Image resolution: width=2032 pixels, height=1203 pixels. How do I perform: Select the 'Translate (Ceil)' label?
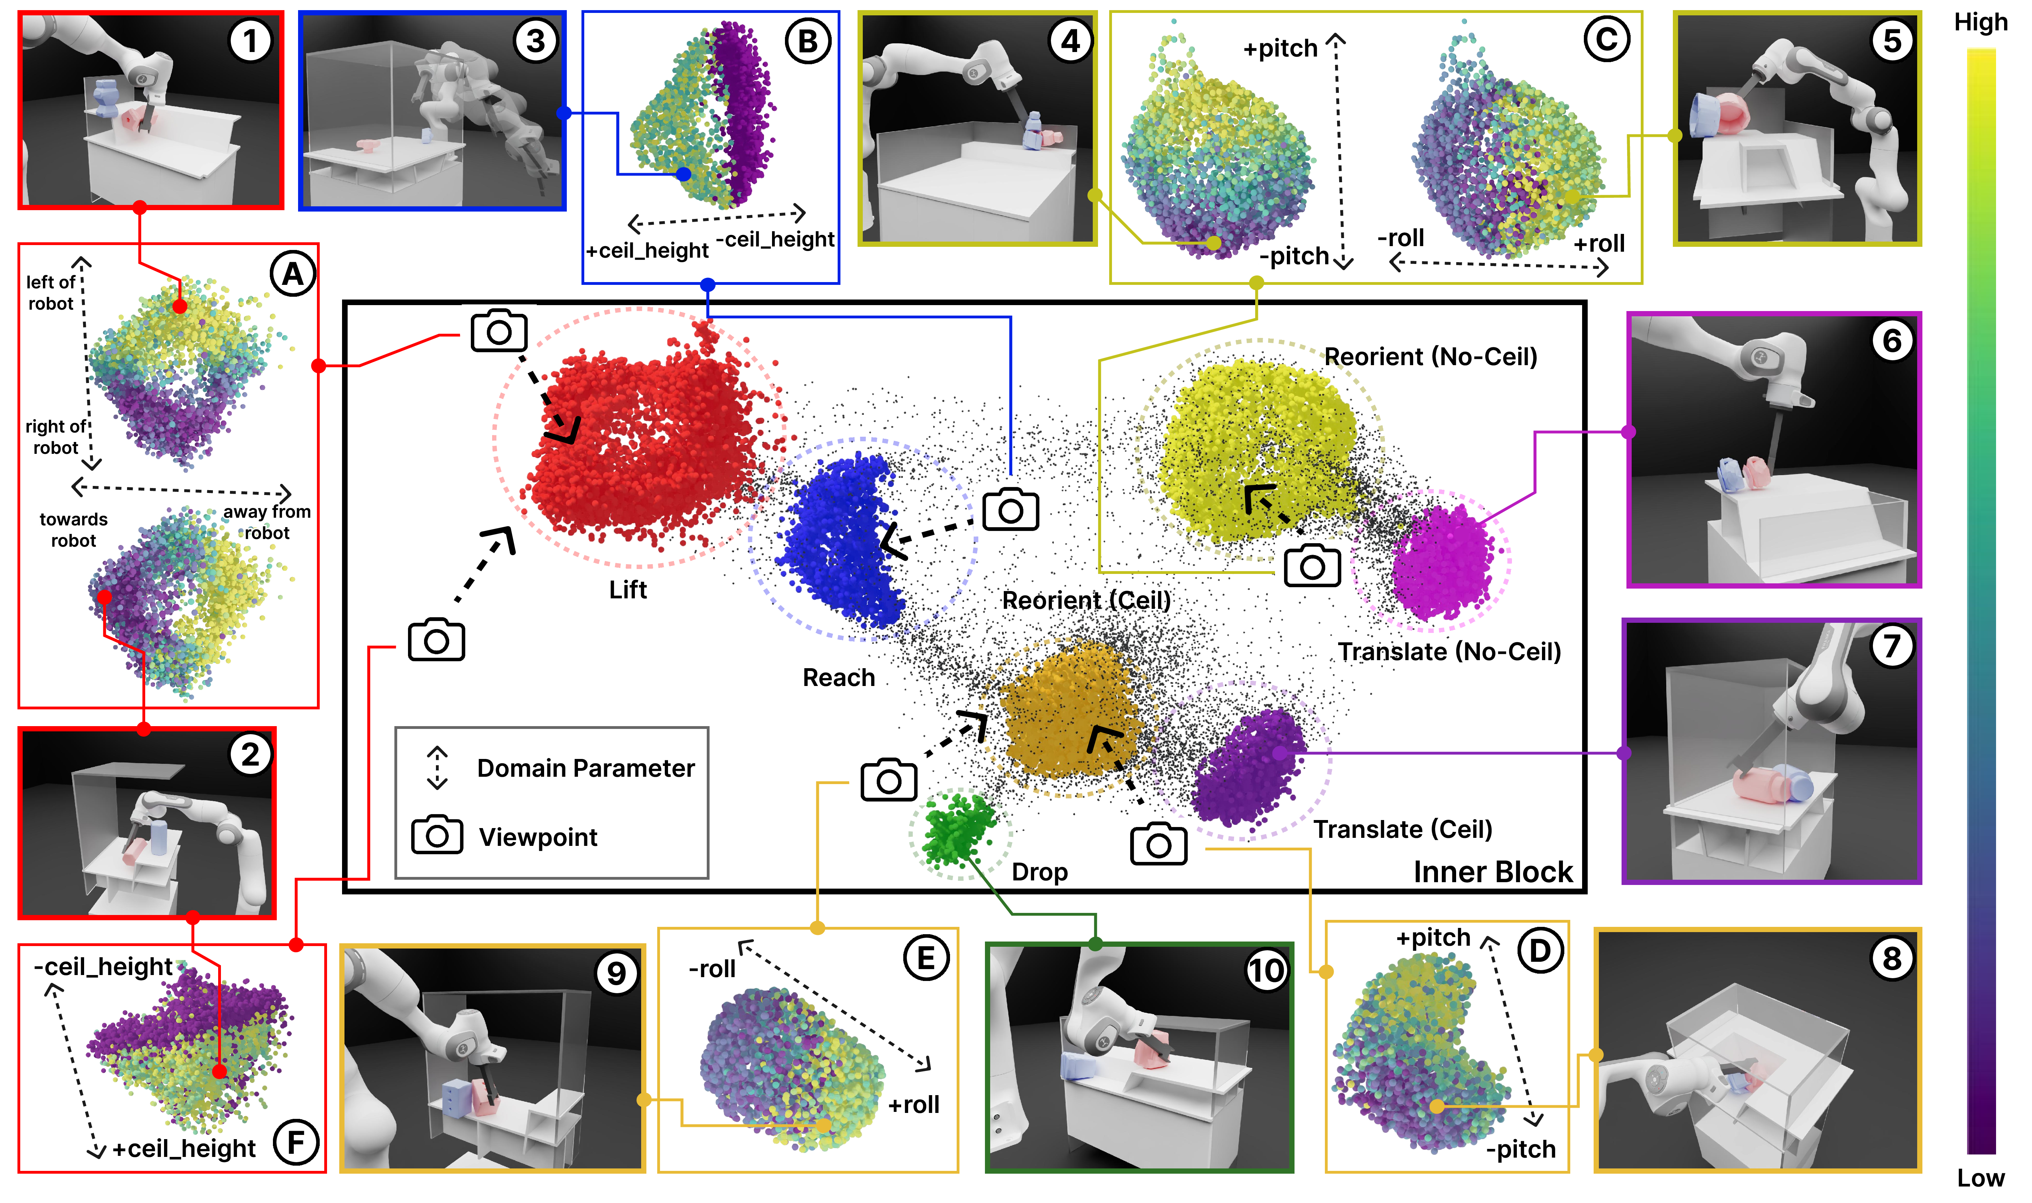click(x=1402, y=829)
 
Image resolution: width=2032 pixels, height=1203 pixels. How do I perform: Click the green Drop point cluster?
click(x=959, y=829)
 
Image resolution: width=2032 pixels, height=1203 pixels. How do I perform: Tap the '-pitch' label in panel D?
click(x=1521, y=1149)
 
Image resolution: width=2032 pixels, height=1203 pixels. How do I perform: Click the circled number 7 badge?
click(x=1892, y=646)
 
